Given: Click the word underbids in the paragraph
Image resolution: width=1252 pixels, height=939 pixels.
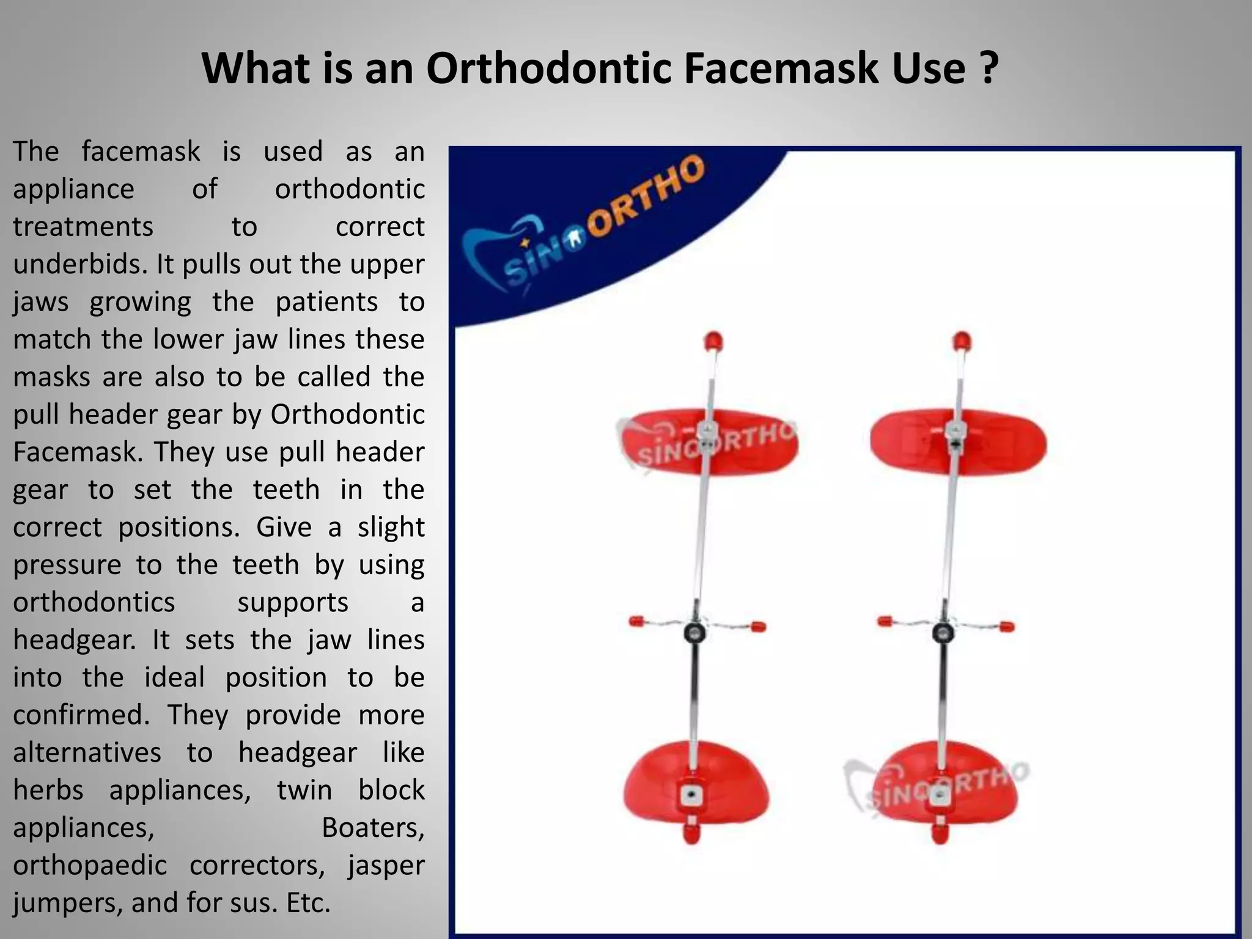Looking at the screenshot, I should tap(79, 264).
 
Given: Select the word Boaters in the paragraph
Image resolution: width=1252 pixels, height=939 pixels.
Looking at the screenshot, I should tap(372, 827).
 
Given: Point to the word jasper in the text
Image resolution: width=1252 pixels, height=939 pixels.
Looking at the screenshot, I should tap(386, 865).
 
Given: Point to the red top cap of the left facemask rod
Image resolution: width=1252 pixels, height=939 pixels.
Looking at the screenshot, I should tap(713, 341).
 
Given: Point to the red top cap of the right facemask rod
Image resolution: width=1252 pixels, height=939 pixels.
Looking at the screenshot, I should tap(962, 341).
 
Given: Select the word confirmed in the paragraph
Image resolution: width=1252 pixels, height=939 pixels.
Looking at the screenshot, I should tap(81, 715).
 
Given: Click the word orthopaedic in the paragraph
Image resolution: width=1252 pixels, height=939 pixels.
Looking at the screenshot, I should tap(90, 865).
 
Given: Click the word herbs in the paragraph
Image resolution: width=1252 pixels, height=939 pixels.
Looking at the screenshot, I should tap(48, 790).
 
